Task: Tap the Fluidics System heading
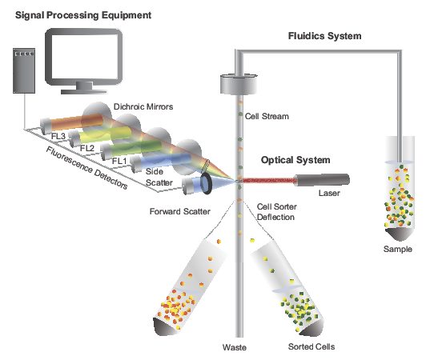point(325,36)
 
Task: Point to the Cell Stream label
point(267,117)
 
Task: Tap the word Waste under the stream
point(235,348)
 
